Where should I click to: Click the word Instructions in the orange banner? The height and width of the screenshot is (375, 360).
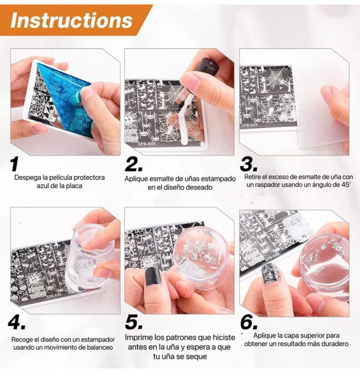point(71,20)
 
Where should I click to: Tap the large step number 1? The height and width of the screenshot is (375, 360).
point(15,164)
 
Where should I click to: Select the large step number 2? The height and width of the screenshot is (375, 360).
point(134,164)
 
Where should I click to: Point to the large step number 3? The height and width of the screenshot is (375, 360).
point(249,164)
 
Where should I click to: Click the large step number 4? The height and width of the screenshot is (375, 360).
point(17,323)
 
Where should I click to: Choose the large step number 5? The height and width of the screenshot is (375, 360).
point(134,323)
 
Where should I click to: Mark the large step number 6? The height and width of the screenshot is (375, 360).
point(249,323)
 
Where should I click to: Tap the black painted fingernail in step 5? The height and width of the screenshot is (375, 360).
point(153,277)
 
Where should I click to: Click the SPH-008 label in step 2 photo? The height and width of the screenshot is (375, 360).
point(147,144)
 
